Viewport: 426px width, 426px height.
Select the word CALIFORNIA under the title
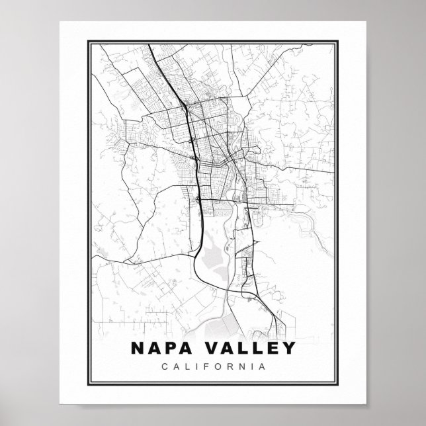coord(213,365)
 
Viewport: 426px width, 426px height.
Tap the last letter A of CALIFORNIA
coord(263,365)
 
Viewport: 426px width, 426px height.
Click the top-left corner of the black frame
coord(86,42)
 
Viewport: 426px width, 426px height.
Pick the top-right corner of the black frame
coord(341,42)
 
